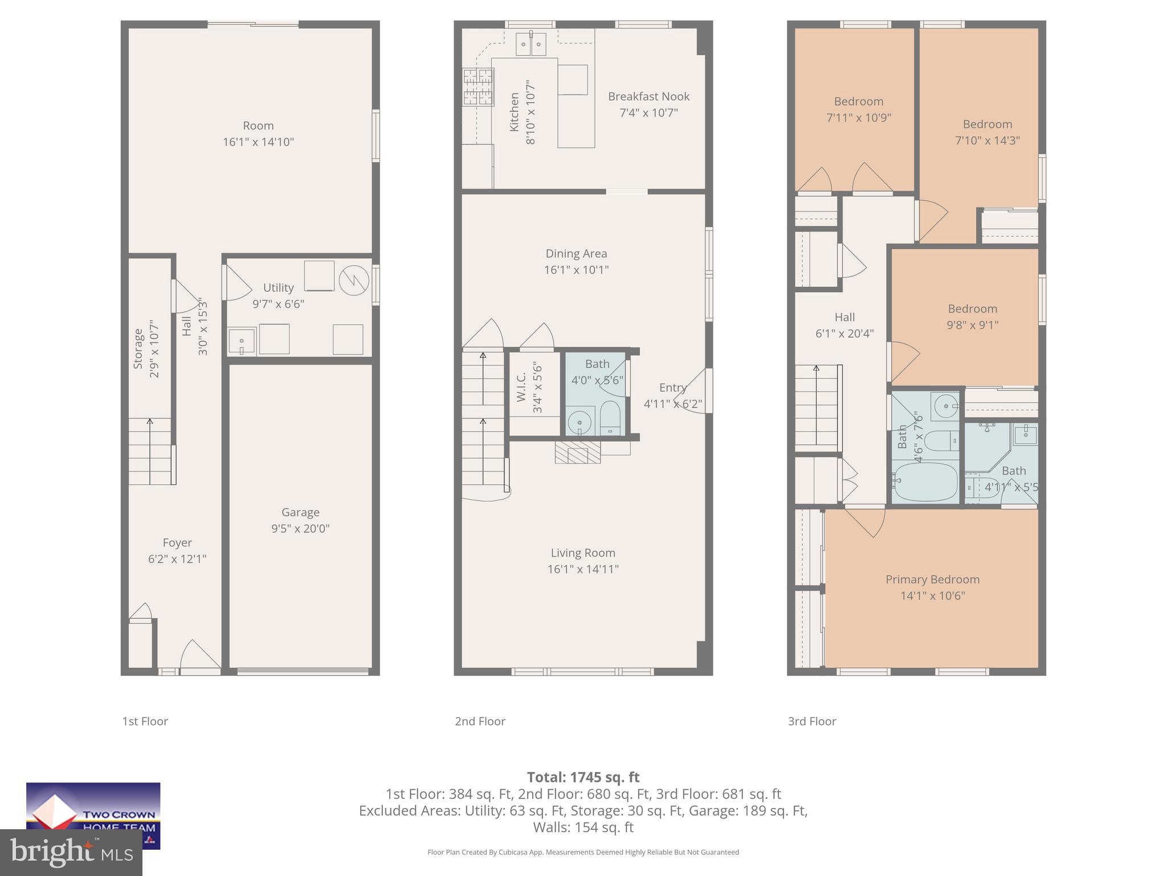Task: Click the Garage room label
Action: (x=300, y=512)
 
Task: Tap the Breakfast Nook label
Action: (x=648, y=96)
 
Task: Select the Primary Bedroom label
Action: (x=932, y=579)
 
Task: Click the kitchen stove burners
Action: (x=478, y=87)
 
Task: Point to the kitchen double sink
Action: (x=531, y=43)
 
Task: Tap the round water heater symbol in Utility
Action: (x=354, y=281)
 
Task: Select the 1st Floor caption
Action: (x=145, y=721)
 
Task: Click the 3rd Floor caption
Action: (x=811, y=721)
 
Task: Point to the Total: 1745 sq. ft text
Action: (x=583, y=777)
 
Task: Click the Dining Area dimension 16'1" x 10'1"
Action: (x=576, y=270)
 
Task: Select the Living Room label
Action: (x=582, y=553)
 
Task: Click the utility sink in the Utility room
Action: (x=241, y=341)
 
